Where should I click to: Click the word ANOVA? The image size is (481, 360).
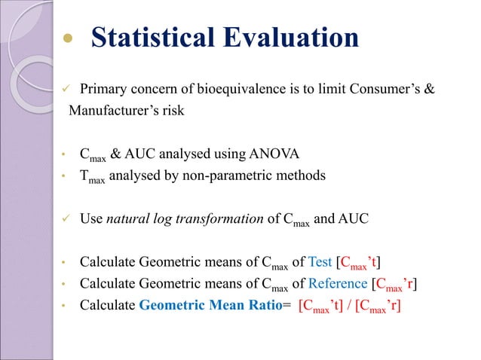point(276,155)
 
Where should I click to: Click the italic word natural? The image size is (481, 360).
point(128,219)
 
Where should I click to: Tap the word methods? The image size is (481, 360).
point(302,176)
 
